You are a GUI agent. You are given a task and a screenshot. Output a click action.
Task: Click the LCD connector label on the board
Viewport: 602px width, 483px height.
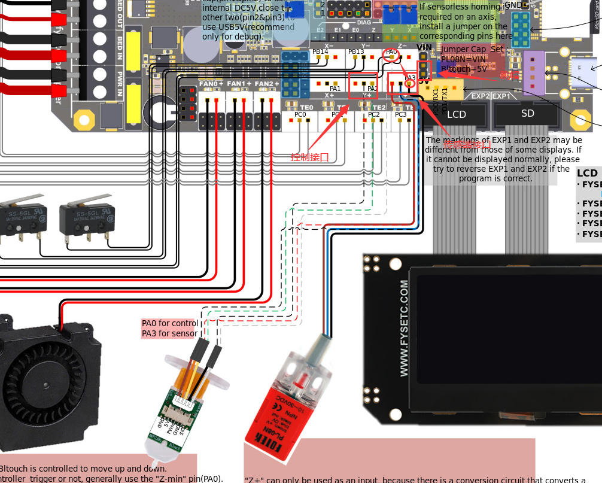(457, 114)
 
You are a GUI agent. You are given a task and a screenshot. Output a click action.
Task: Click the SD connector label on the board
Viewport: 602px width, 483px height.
(527, 113)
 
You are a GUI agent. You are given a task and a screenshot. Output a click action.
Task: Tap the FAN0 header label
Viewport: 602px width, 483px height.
(211, 84)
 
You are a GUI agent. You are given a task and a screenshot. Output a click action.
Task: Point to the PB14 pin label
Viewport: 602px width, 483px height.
(320, 52)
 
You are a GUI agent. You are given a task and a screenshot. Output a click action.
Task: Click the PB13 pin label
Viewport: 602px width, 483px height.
(356, 52)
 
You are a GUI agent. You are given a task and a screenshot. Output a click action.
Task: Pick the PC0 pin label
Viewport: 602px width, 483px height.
(300, 114)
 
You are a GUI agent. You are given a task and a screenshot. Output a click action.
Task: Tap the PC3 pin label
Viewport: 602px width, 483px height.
(400, 114)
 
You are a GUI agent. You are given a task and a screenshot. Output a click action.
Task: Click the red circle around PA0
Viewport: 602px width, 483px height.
(391, 53)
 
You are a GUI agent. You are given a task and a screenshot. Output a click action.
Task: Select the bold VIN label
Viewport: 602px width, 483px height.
(424, 47)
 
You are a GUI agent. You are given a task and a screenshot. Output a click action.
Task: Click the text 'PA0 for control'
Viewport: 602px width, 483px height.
(170, 324)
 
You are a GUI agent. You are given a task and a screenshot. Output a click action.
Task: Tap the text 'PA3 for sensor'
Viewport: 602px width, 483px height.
(169, 333)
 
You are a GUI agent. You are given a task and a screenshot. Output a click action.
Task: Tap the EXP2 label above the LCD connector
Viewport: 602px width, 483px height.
(481, 96)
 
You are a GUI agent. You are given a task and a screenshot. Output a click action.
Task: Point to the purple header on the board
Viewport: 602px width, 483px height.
(533, 72)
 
